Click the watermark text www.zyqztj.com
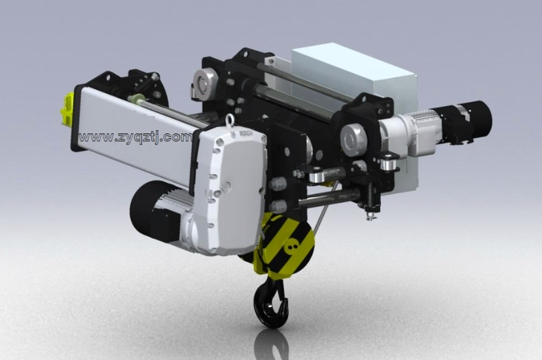[135, 137]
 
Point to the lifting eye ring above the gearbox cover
[230, 120]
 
